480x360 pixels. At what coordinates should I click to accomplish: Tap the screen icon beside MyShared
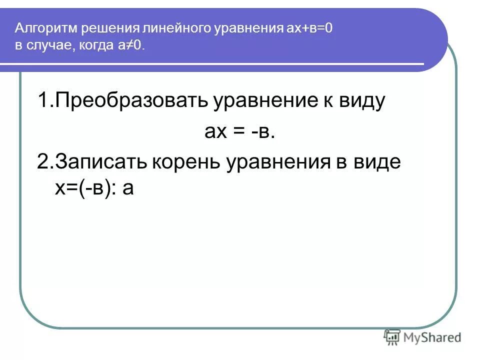click(x=392, y=337)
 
